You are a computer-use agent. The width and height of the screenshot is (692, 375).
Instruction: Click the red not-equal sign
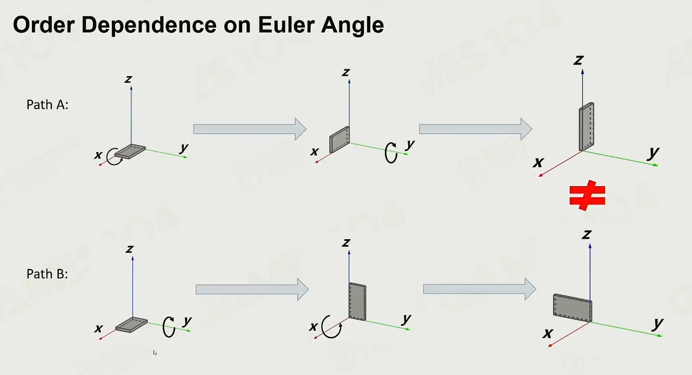pos(587,196)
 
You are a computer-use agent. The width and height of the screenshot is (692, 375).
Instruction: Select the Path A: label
pos(48,104)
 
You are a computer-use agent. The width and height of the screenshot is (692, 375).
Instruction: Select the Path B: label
pos(47,274)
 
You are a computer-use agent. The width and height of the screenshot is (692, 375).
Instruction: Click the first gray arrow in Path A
pos(250,129)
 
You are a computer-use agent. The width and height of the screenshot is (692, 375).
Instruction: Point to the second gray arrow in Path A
pos(476,129)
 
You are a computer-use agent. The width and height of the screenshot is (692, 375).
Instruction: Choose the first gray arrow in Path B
pos(252,290)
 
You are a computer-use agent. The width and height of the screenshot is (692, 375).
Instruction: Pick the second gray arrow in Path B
pos(480,290)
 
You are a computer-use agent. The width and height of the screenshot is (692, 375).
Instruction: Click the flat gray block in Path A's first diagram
pos(130,151)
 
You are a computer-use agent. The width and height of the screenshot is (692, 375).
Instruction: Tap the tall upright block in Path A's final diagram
pos(586,127)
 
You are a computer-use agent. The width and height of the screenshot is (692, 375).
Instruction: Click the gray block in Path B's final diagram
pos(572,307)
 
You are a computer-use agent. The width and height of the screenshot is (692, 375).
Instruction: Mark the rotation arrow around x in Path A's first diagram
pos(115,157)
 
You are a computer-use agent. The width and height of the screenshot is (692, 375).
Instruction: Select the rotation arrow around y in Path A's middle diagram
pos(390,153)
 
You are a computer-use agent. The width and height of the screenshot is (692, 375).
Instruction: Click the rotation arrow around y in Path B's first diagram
pos(169,326)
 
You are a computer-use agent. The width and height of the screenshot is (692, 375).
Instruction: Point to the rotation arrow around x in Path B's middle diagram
pos(331,326)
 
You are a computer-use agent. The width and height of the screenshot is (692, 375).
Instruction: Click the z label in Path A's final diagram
pos(578,60)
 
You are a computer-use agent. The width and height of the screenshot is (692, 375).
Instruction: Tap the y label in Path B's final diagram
pos(657,324)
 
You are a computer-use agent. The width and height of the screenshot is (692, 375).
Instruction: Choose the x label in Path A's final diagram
pos(538,162)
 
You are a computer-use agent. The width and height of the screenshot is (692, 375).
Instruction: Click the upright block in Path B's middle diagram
pos(357,301)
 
